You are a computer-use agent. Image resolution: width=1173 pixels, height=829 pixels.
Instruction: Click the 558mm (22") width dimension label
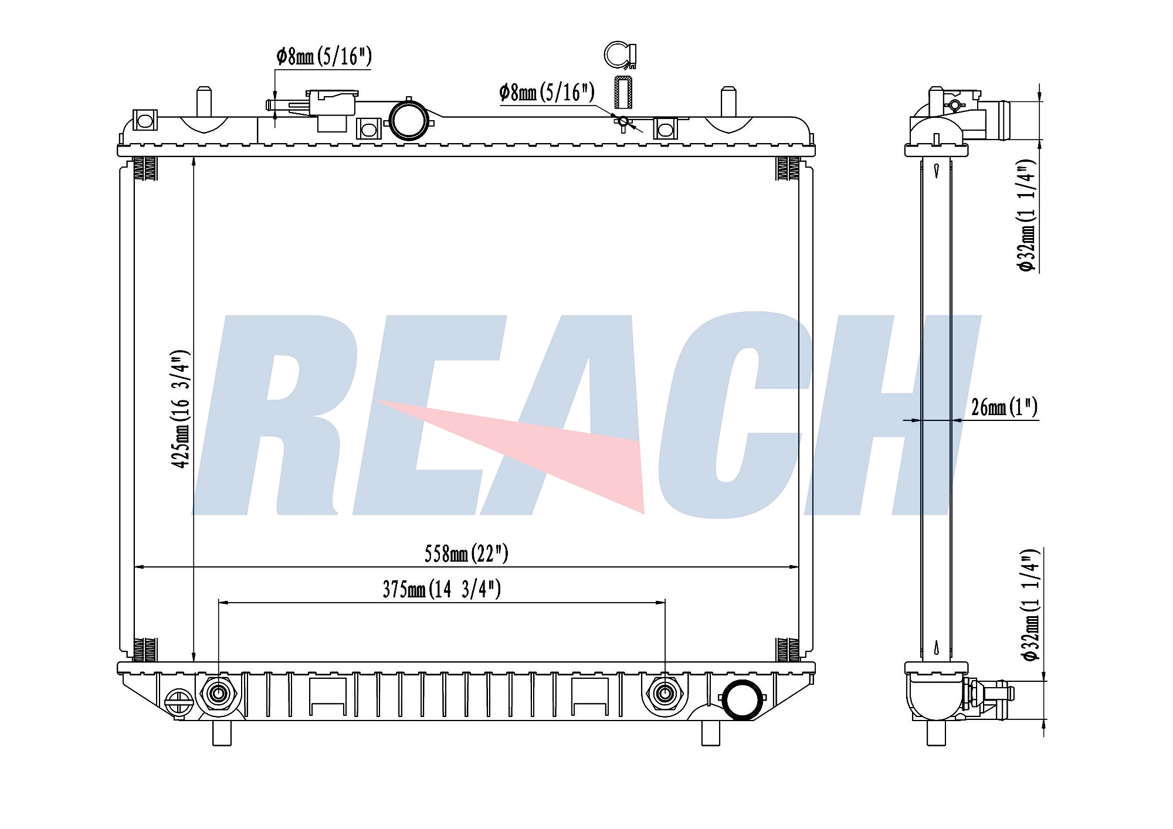click(466, 553)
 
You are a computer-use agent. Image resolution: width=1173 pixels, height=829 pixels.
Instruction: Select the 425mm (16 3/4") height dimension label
click(181, 409)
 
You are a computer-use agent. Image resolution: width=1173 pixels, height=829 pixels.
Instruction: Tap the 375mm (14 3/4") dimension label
click(442, 589)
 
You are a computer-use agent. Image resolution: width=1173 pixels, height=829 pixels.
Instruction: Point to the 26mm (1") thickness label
click(1004, 407)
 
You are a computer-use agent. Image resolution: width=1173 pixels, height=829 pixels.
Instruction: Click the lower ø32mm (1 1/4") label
click(1030, 605)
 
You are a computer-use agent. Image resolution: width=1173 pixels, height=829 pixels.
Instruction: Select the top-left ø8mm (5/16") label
click(324, 56)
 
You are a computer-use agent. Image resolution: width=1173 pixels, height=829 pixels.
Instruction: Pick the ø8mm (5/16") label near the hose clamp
click(547, 92)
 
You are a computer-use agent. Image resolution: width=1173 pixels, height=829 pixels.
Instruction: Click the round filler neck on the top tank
click(408, 120)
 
